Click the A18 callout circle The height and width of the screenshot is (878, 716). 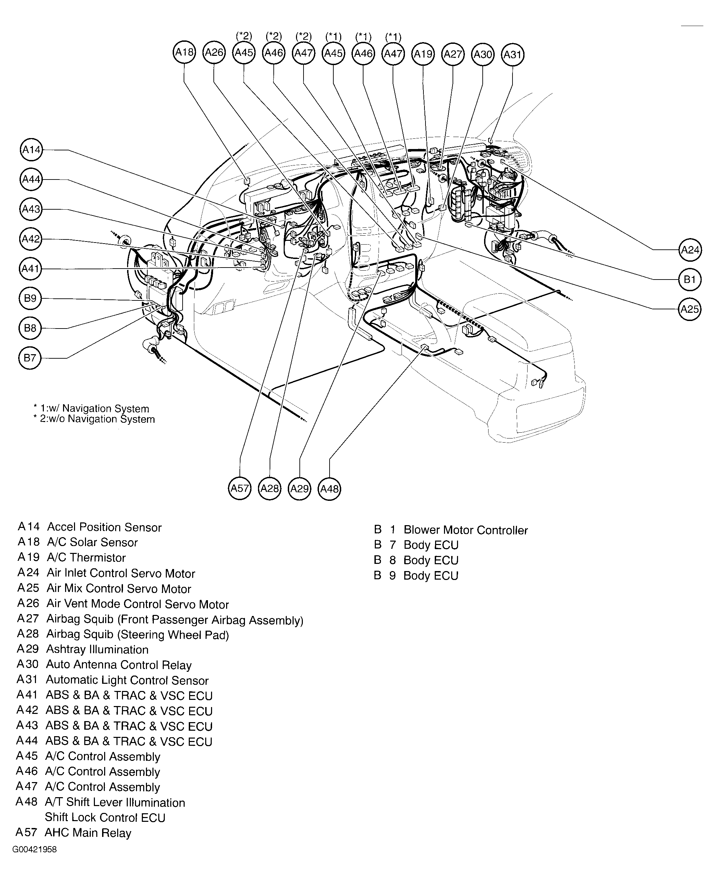tap(184, 52)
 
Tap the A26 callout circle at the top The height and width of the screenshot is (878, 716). tap(214, 52)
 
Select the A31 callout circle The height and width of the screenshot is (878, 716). tap(513, 54)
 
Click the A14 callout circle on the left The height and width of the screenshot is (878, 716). tap(31, 150)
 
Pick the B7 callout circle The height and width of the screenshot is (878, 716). tap(30, 358)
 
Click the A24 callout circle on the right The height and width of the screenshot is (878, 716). tap(690, 250)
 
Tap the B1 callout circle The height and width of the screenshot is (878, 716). tap(690, 280)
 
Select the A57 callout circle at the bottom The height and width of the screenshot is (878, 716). tap(239, 489)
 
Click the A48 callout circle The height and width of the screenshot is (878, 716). tap(330, 489)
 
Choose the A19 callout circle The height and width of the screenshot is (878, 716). tap(423, 54)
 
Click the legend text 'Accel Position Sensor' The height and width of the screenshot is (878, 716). tap(104, 527)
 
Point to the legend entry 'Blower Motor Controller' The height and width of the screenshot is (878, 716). tap(465, 530)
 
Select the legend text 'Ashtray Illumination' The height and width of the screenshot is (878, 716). tap(97, 650)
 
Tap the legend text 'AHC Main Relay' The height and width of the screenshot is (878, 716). tap(88, 833)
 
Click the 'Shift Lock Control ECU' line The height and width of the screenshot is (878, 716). tap(105, 817)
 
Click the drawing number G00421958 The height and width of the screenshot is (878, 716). tap(35, 850)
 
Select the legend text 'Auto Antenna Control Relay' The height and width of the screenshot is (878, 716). tap(119, 665)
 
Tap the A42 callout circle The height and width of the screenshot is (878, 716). tap(30, 239)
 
